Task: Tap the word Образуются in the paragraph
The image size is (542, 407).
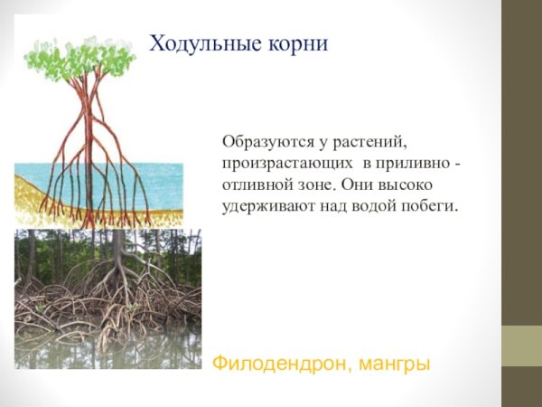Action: point(263,143)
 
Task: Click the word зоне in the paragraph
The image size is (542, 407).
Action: point(317,185)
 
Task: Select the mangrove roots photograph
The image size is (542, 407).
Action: point(107,298)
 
